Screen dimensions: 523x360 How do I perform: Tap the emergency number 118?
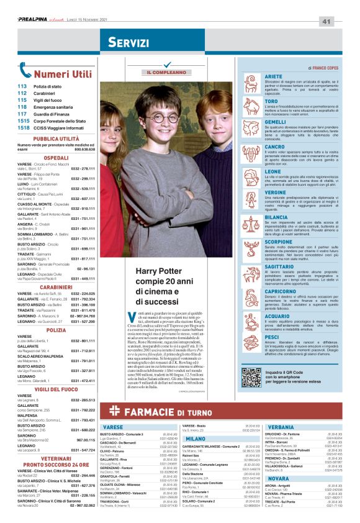(22, 106)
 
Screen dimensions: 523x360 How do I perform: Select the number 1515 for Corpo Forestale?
(24, 121)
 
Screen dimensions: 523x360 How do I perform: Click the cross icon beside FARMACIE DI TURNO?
(112, 410)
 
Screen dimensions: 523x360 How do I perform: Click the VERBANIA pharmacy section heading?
(281, 427)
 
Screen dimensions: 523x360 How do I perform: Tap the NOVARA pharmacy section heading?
(277, 479)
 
